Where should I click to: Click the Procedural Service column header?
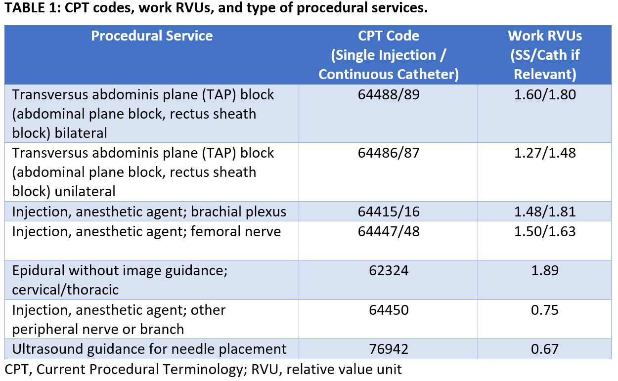point(152,36)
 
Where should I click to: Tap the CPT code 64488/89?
point(389,95)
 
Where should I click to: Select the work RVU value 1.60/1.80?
point(545,95)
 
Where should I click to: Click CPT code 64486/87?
point(389,153)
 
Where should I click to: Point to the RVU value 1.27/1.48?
point(545,153)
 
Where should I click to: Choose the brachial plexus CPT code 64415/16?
point(389,212)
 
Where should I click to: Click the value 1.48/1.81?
point(545,212)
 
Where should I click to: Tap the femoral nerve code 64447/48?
point(389,231)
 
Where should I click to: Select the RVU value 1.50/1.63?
point(545,231)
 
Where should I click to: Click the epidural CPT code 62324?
point(389,270)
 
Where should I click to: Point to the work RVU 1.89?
point(545,270)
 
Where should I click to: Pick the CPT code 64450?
point(389,310)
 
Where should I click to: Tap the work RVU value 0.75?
point(545,310)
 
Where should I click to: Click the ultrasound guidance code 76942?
point(389,349)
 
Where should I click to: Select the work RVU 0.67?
point(545,349)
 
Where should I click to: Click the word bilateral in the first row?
point(81,133)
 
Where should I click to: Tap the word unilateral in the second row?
point(85,192)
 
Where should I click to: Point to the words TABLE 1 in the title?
point(32,8)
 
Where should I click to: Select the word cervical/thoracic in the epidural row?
point(65,290)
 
